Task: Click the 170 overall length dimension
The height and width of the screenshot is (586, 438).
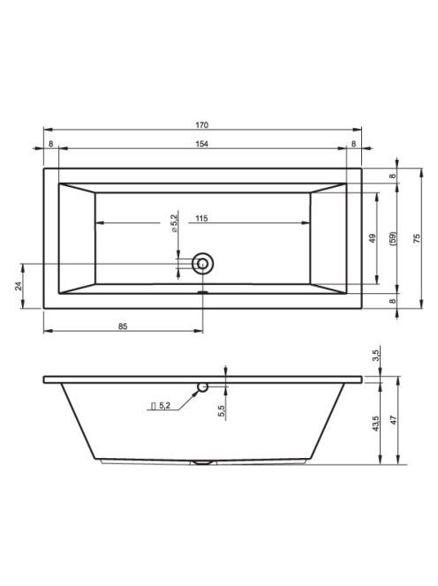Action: tap(201, 124)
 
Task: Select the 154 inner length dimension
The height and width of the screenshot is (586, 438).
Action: tap(201, 144)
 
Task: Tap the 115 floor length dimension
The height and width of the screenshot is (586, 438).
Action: tap(201, 218)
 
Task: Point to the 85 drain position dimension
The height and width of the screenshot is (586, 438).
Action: tap(123, 327)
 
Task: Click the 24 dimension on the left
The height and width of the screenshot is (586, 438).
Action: tap(19, 286)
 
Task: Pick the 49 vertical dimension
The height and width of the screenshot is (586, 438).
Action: tap(373, 238)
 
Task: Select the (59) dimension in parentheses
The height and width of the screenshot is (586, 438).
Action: tap(393, 238)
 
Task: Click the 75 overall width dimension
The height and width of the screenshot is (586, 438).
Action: tap(418, 238)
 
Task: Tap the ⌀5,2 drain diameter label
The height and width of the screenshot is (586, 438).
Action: tap(174, 223)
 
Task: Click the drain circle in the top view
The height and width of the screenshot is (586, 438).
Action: tap(203, 264)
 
